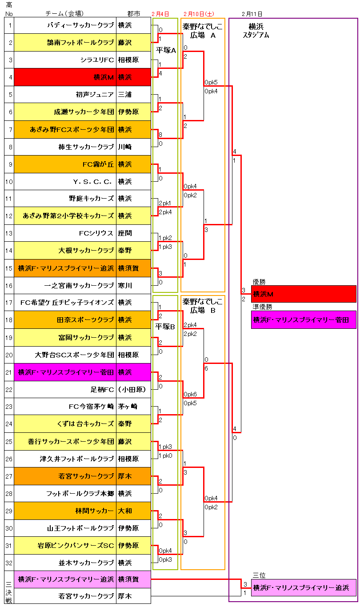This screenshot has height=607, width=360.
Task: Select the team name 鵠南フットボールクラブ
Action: (x=80, y=43)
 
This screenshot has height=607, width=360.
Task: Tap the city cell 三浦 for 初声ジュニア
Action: (x=125, y=95)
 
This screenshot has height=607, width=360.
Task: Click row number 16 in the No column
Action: (x=9, y=285)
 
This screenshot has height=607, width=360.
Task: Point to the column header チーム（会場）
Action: (x=64, y=14)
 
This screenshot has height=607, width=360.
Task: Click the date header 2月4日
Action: (x=160, y=14)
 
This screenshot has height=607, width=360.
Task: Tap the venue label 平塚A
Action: (x=166, y=50)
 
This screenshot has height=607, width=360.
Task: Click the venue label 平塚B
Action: (x=166, y=327)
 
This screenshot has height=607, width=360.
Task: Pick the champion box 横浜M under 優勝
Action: (x=304, y=294)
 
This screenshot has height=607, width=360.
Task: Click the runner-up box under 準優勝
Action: (x=304, y=319)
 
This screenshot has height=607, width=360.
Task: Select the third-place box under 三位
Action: (x=304, y=587)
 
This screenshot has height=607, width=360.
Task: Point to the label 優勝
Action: (x=259, y=281)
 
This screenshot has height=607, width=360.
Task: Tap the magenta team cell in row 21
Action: (x=66, y=372)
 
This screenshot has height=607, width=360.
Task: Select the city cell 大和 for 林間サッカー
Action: (x=125, y=511)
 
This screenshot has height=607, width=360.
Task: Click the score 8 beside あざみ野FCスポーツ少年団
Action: (x=160, y=135)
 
